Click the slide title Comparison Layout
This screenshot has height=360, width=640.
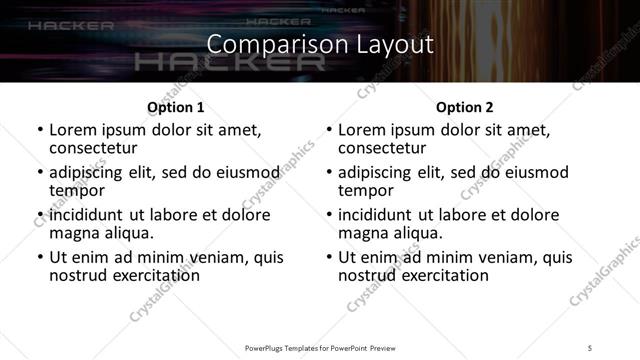coord(320,45)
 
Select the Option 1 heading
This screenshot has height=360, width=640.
coord(175,107)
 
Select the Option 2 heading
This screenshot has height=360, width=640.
coord(464,107)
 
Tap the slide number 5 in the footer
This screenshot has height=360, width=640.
coord(590,347)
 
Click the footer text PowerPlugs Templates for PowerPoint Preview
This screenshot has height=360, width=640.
coord(319,347)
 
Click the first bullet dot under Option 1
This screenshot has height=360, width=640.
coord(39,131)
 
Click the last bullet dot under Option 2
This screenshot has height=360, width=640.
coord(328,257)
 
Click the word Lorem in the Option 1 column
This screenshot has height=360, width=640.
coord(74,131)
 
